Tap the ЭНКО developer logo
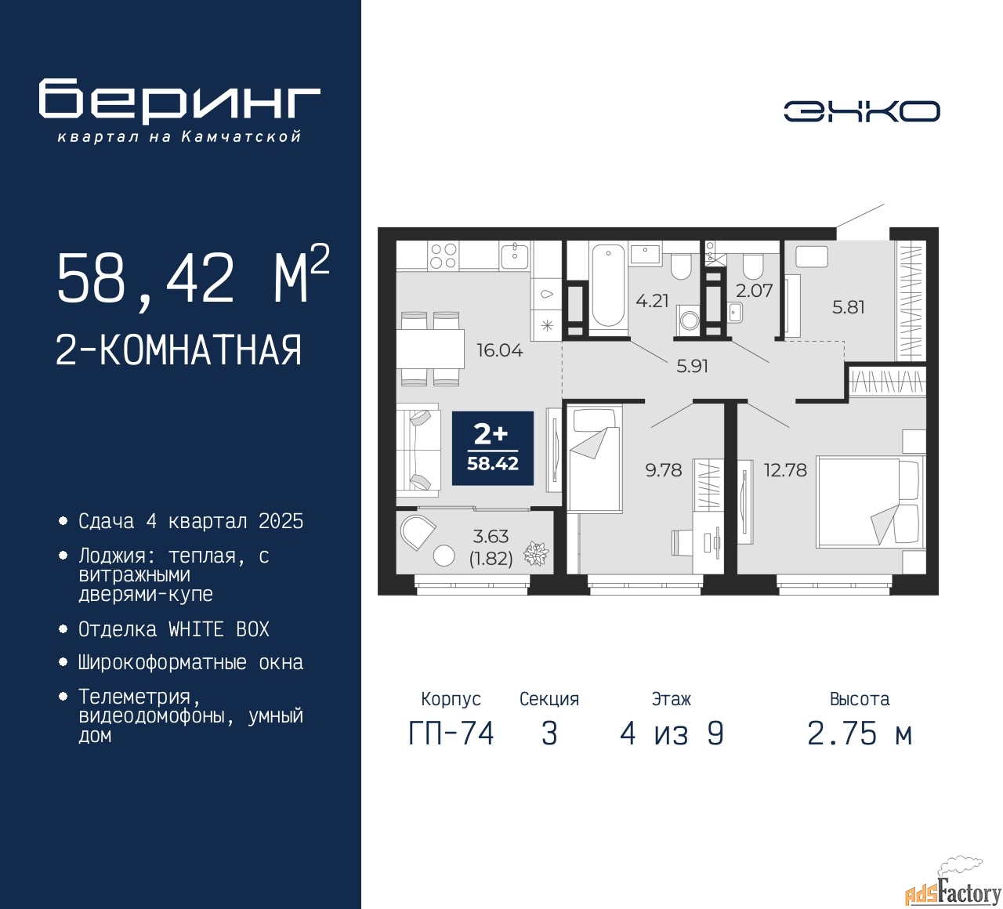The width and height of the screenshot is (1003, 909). point(861,111)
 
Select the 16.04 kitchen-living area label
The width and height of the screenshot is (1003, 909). point(499,350)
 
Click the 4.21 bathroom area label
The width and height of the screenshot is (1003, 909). point(652,301)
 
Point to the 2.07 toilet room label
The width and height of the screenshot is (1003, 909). point(754,291)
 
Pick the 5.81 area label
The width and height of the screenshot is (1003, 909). point(848,307)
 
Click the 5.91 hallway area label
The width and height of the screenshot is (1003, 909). point(692,366)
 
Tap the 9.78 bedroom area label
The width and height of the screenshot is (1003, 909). point(664,470)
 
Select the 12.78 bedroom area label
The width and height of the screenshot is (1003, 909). point(785,470)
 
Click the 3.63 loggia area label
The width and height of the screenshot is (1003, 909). point(491,537)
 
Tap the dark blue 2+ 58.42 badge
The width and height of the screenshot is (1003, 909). point(493,448)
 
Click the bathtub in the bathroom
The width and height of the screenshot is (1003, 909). point(608,287)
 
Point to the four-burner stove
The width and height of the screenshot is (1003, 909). point(443,255)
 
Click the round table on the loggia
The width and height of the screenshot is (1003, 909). point(444,555)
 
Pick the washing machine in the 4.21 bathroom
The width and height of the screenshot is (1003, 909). point(689,318)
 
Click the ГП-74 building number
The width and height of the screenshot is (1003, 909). point(451,734)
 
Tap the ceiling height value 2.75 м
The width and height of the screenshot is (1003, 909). point(860,734)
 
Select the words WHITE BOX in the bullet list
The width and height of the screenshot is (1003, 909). point(219,629)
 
